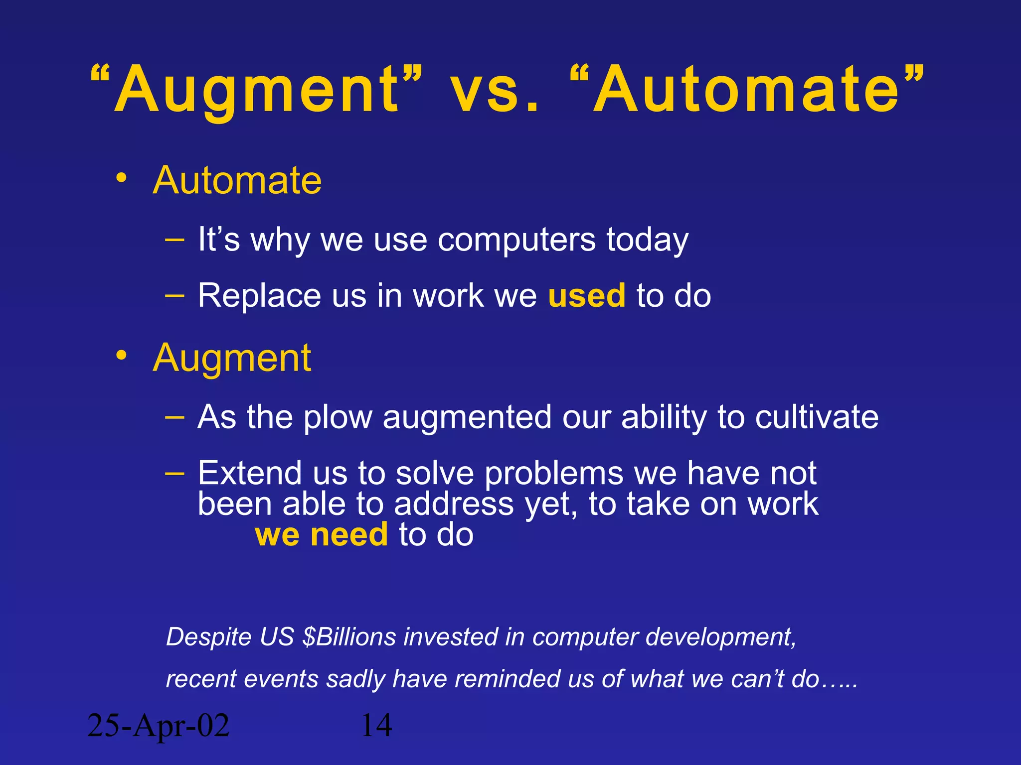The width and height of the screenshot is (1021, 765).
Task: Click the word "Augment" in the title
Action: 257,91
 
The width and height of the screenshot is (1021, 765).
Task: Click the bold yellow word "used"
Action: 586,295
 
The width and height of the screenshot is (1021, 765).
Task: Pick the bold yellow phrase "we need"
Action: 322,534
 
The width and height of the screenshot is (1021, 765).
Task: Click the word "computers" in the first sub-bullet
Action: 516,240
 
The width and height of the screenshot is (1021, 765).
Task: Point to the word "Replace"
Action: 259,295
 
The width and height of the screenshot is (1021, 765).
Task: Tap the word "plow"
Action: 338,417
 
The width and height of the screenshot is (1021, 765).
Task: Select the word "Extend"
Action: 250,473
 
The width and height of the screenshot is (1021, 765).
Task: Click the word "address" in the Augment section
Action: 454,504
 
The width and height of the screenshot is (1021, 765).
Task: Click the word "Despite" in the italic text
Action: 208,637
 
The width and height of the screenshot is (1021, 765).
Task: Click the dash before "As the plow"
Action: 174,416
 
